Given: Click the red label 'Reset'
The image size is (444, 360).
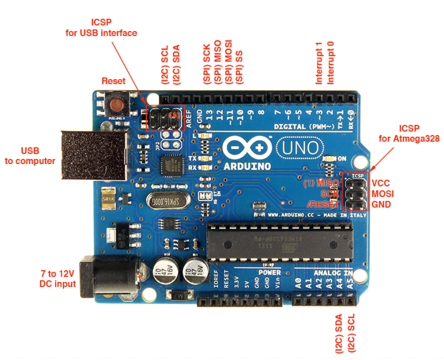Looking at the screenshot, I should coord(113,81).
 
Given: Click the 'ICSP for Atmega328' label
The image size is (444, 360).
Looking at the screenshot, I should coord(409,133).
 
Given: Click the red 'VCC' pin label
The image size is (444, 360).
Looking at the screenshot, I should coord(381,183).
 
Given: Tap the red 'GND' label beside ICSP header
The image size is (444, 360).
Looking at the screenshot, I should coord(381,204).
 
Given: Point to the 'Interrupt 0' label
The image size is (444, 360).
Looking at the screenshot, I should coord(331,63).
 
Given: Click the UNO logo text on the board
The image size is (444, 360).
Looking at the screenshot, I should coord(299,147).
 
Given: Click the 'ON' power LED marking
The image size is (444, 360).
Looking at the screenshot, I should coord(342,159).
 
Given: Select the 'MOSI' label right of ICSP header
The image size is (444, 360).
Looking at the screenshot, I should coord(382,194).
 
